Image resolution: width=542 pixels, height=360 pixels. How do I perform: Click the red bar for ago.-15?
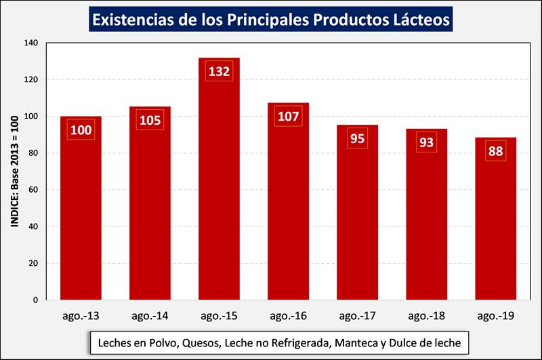(x=219, y=183)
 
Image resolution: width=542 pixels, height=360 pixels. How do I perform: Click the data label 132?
(x=219, y=71)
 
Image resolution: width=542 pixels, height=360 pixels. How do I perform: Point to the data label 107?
(x=288, y=116)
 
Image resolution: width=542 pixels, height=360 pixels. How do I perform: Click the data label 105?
(x=150, y=120)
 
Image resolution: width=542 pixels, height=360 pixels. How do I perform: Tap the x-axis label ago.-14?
(x=150, y=316)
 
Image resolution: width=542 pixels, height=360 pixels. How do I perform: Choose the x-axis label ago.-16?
(x=288, y=316)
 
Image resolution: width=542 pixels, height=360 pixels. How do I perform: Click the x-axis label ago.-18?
(x=427, y=316)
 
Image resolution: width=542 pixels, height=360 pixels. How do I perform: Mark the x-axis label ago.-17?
(x=358, y=316)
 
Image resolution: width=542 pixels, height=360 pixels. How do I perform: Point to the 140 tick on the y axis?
(x=31, y=43)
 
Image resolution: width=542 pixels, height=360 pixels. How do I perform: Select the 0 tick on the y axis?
(x=37, y=300)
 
